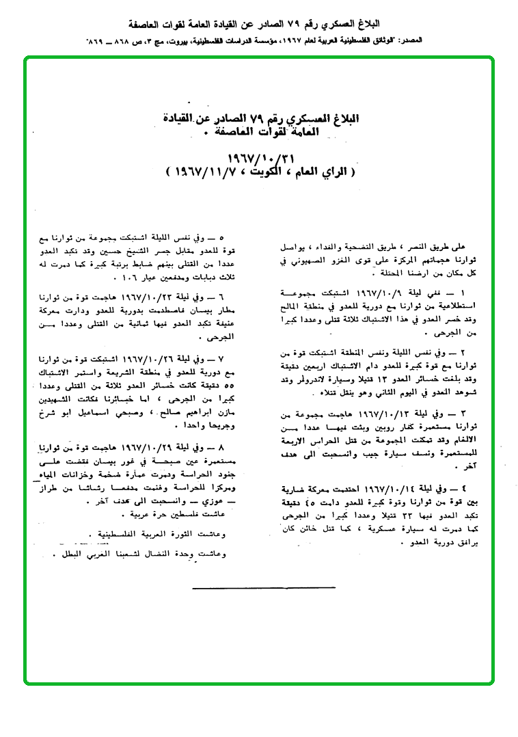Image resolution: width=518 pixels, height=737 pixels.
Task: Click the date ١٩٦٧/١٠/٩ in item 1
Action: tap(356, 293)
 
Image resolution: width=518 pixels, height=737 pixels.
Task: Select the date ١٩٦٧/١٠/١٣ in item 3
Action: tap(359, 415)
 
